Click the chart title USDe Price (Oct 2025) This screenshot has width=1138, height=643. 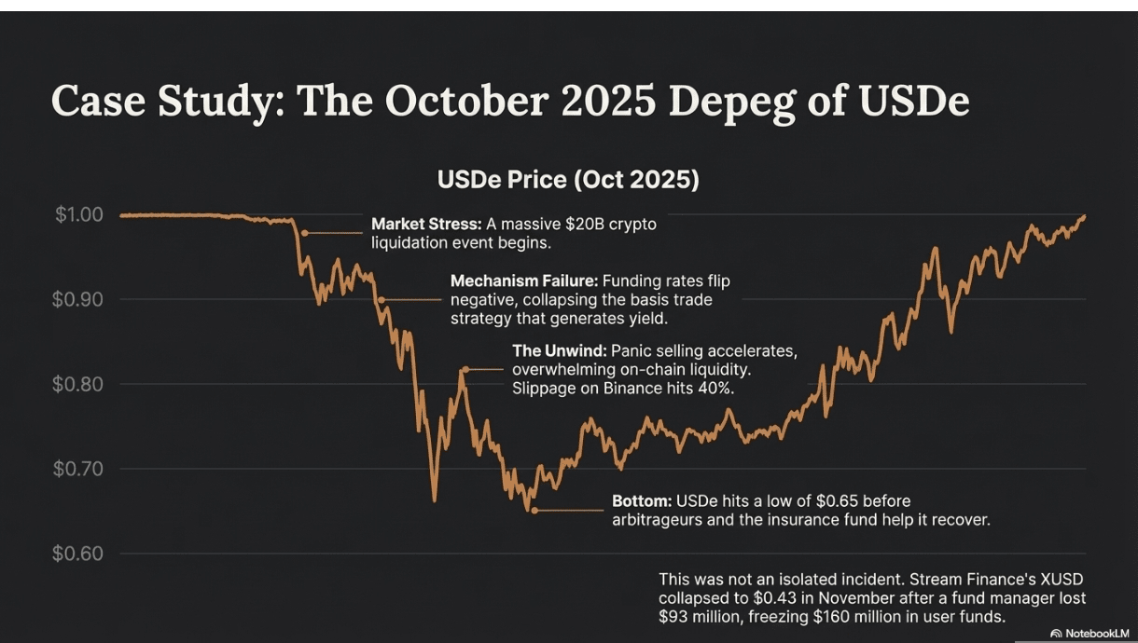[568, 179]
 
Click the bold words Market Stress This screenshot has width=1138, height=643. [425, 224]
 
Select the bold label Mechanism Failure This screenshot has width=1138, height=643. [524, 280]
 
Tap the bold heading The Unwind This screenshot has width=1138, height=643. [560, 350]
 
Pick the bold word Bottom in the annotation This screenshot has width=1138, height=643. [641, 501]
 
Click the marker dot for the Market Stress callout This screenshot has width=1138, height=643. [305, 232]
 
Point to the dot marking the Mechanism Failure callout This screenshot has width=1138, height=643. [382, 300]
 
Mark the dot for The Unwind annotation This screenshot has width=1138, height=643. [463, 370]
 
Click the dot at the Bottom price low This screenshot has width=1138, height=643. [534, 510]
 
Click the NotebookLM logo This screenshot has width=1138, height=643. [1089, 633]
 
